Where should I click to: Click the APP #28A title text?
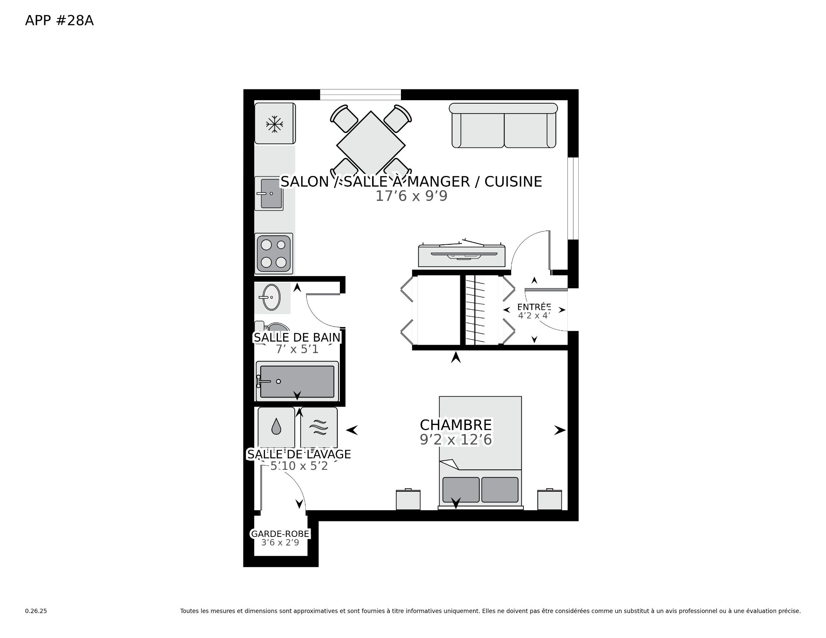59,21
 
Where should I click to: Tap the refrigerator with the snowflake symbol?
275,123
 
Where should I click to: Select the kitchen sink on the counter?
269,194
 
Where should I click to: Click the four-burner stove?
274,253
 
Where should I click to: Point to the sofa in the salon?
503,125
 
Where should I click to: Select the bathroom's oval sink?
271,297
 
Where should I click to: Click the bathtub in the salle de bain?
297,382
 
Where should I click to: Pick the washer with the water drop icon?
276,428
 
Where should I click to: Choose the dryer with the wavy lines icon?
319,428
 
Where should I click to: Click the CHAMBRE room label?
456,425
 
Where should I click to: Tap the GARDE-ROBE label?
280,534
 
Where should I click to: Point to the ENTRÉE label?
534,307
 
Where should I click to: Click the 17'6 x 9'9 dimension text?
412,196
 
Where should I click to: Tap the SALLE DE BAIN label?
297,338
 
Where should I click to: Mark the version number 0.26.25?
36,611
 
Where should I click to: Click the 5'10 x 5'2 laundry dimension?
299,466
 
